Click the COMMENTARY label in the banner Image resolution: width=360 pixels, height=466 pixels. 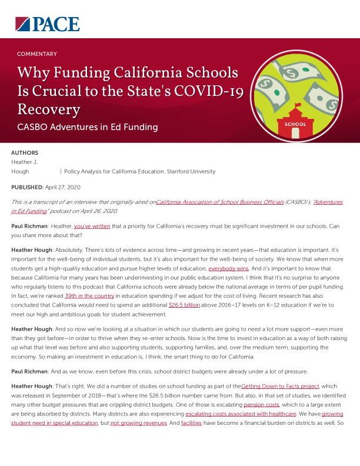click(37, 54)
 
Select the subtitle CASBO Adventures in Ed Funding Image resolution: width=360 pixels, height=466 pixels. click(88, 127)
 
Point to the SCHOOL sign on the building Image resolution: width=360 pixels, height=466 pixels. click(294, 124)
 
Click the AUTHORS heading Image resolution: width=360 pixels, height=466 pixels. click(25, 152)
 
